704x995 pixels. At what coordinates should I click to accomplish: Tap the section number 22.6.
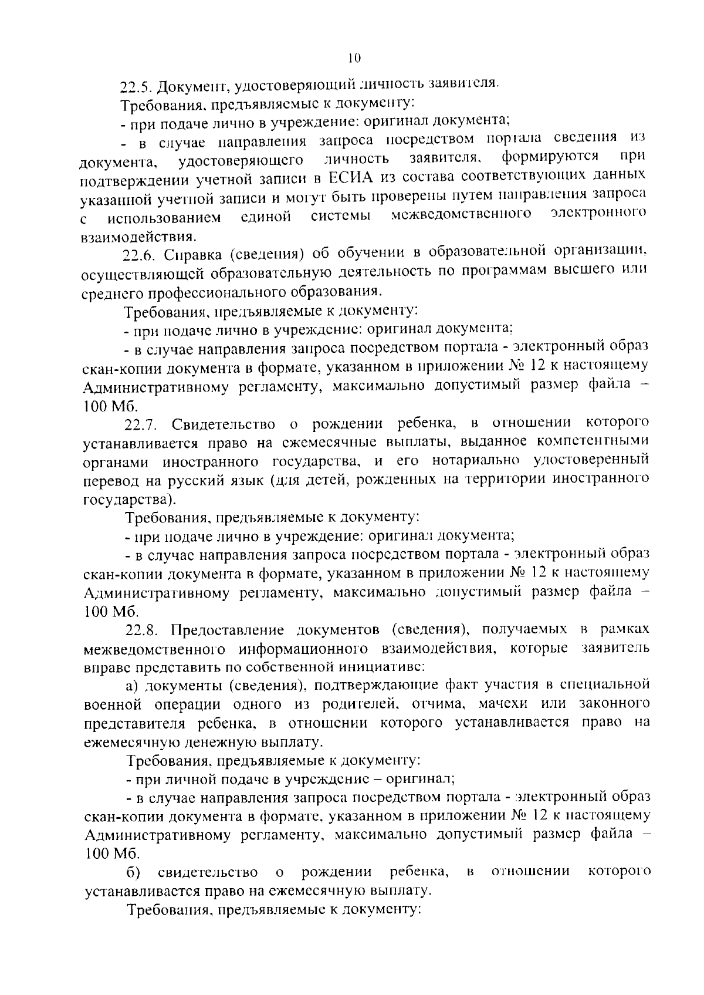(x=140, y=255)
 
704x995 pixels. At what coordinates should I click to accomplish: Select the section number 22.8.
(x=141, y=630)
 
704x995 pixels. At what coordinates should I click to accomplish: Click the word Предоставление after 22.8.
(x=228, y=630)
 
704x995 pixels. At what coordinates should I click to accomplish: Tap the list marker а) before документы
(x=132, y=685)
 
